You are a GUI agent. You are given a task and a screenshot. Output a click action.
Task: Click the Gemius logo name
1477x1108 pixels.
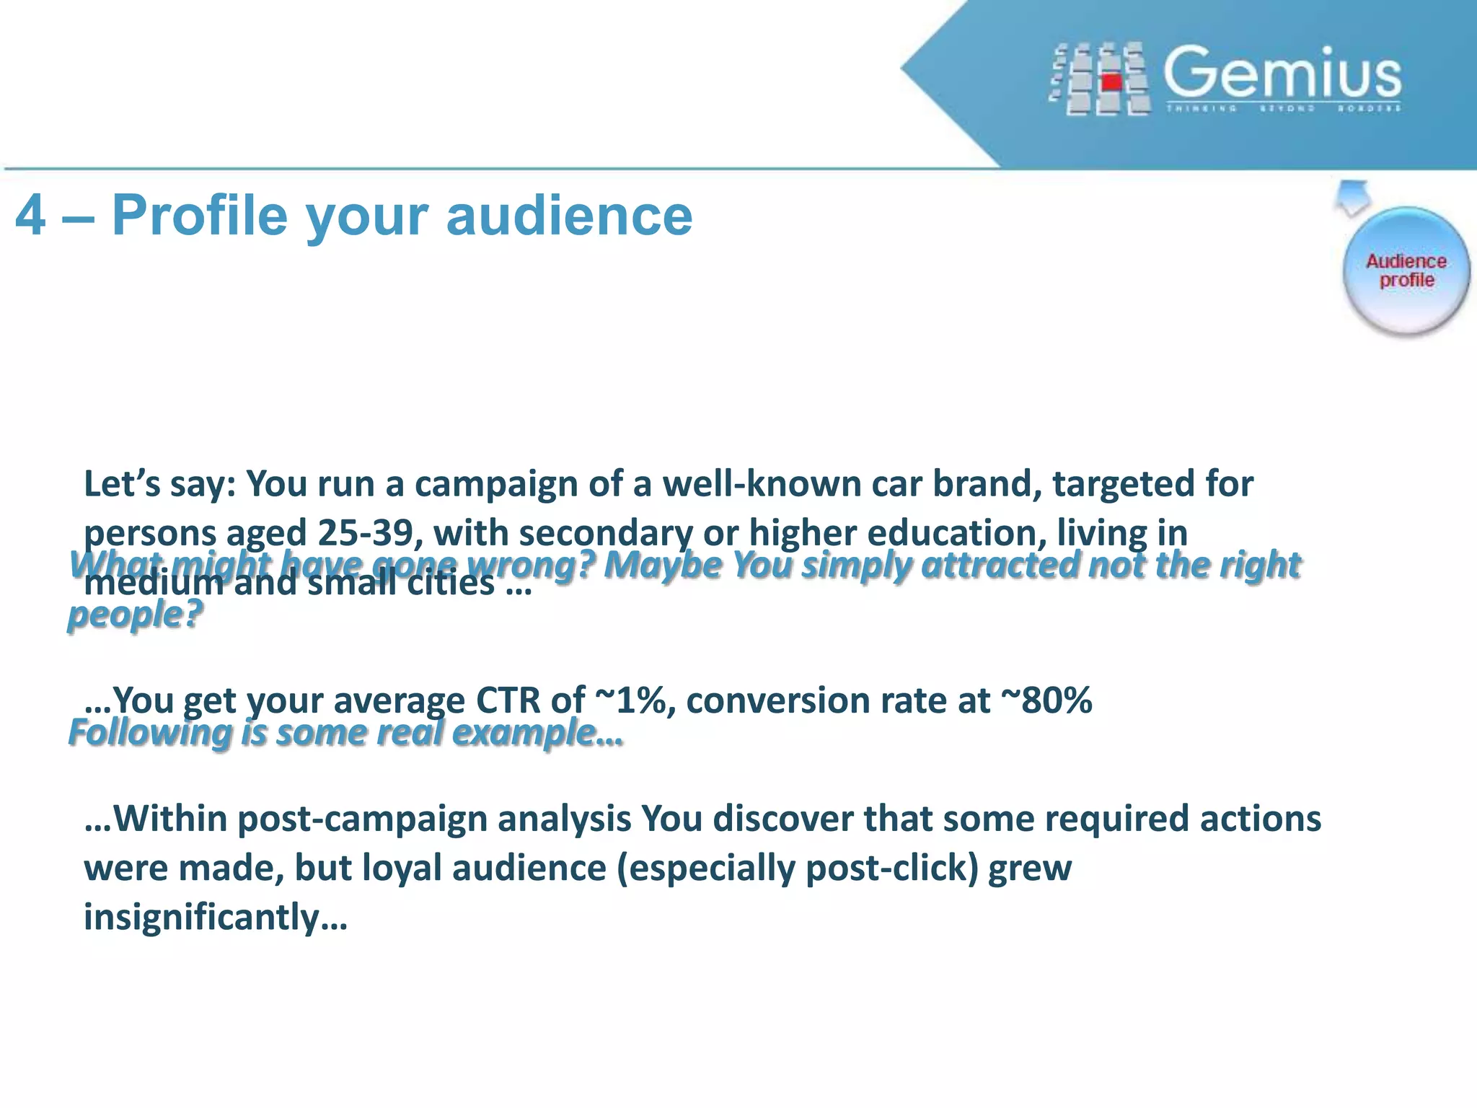point(1282,72)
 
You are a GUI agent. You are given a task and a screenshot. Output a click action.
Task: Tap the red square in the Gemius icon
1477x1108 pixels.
point(1111,82)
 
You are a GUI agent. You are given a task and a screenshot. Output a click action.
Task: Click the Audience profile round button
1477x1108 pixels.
point(1406,271)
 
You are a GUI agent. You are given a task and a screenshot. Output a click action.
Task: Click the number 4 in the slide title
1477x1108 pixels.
point(30,215)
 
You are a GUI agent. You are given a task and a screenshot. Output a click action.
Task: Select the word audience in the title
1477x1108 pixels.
point(569,215)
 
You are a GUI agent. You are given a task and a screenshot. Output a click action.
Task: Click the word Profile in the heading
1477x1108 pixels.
point(200,215)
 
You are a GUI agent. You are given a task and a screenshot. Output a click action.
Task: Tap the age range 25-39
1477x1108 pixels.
point(365,533)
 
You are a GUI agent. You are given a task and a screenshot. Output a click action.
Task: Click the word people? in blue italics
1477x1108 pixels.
point(135,615)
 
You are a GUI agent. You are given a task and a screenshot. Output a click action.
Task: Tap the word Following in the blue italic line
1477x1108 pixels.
point(150,733)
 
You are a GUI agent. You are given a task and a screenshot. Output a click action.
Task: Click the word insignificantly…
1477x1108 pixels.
point(216,917)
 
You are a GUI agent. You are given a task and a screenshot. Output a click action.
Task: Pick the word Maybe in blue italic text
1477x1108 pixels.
point(662,564)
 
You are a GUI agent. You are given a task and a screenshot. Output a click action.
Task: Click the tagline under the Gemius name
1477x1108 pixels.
point(1283,109)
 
